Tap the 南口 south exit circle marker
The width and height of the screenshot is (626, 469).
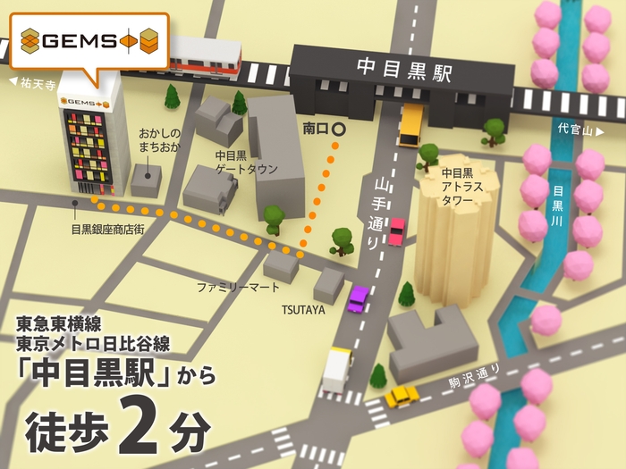338,130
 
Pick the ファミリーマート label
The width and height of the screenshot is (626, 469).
239,287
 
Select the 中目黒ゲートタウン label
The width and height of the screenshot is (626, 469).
246,162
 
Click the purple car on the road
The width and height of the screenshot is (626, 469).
359,297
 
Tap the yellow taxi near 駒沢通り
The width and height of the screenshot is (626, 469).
402,396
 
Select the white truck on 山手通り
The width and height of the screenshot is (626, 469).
337,369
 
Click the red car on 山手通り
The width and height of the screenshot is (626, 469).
396,231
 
